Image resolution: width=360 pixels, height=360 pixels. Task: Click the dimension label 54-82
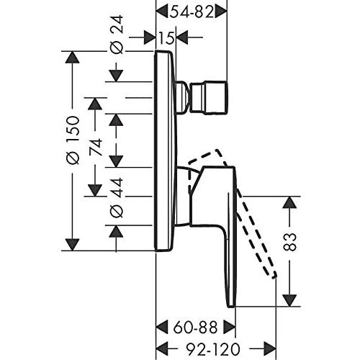click(x=192, y=10)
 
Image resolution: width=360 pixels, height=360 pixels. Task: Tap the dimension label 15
click(x=167, y=37)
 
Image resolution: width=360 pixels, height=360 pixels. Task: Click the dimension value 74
click(x=94, y=147)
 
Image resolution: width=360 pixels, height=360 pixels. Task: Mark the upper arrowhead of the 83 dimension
click(x=289, y=202)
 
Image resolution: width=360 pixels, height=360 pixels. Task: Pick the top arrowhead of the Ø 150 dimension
click(x=72, y=57)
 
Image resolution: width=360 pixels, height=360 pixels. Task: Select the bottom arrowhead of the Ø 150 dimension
click(x=72, y=244)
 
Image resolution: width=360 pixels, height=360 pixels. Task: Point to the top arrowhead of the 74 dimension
click(x=94, y=103)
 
